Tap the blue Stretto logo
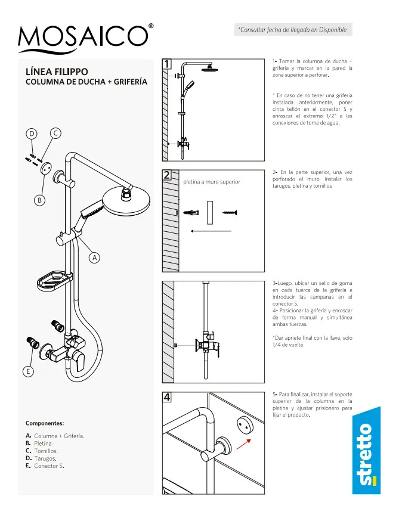pos(366,451)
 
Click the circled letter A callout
pos(95,258)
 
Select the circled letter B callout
pos(40,200)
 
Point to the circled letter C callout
pos(55,133)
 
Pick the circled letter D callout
pos(32,134)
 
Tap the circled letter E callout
pos(28,371)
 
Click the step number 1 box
pos(167,64)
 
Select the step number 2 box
pos(167,175)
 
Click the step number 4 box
pos(167,397)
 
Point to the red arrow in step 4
pos(243,444)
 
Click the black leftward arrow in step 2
pos(211,231)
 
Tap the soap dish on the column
pos(54,281)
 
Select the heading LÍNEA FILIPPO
pos(57,72)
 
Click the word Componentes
pos(45,423)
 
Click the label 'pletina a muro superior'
pos(212,182)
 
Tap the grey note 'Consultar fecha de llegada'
pos(293,30)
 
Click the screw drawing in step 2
pos(230,212)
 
